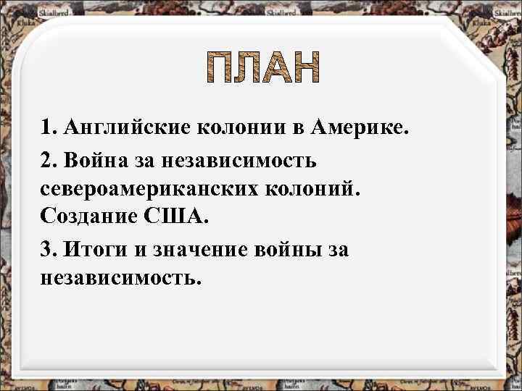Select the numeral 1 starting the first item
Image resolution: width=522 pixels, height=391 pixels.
coord(48,128)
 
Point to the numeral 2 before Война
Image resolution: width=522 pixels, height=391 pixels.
coord(48,159)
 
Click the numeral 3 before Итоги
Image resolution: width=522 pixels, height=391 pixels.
coord(48,249)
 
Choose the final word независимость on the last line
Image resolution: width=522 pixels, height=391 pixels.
coord(118,279)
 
